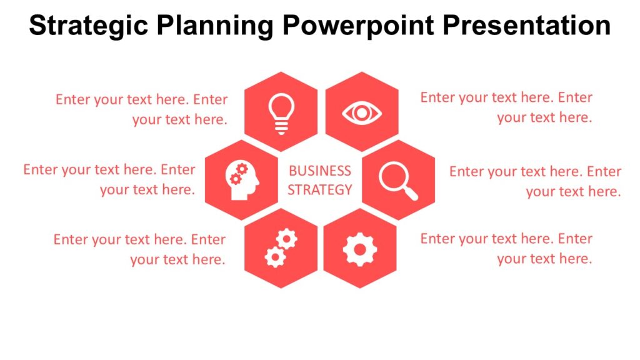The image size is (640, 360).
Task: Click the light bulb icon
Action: [x=281, y=112]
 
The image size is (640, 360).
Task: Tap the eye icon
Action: [x=361, y=113]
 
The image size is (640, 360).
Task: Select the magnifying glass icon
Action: [x=397, y=181]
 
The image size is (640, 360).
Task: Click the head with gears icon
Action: [x=241, y=181]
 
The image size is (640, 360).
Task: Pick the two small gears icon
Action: [x=281, y=247]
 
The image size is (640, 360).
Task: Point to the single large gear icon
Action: [x=359, y=249]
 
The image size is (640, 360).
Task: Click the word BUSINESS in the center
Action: [x=320, y=171]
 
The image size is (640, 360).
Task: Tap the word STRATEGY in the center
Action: [x=320, y=189]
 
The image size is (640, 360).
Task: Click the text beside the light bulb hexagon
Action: [x=142, y=109]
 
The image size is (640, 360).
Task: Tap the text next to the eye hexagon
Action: [x=506, y=107]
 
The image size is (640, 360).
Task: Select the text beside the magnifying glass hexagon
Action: [x=535, y=181]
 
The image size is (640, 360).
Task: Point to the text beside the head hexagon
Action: [x=109, y=179]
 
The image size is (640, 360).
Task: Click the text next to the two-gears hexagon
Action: [x=140, y=249]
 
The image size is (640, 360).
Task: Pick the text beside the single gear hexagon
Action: [x=506, y=248]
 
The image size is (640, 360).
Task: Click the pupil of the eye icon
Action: [x=361, y=113]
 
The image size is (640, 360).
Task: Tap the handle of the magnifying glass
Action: [x=411, y=193]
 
